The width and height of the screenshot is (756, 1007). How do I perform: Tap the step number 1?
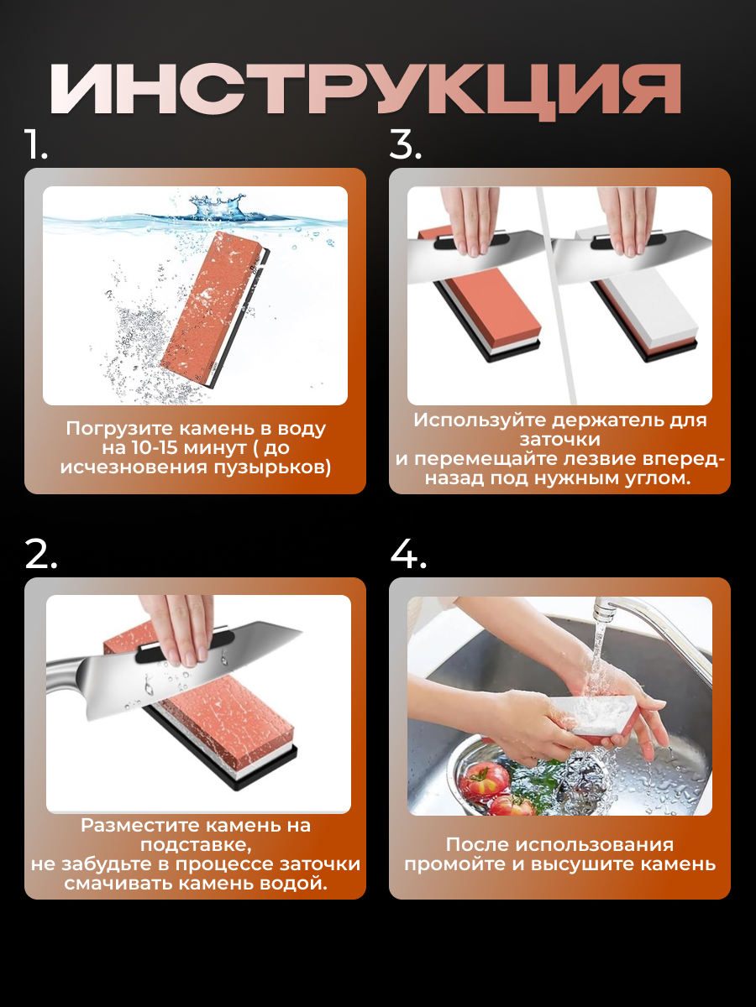click(x=36, y=144)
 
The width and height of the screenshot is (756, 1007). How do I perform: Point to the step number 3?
click(x=406, y=144)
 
